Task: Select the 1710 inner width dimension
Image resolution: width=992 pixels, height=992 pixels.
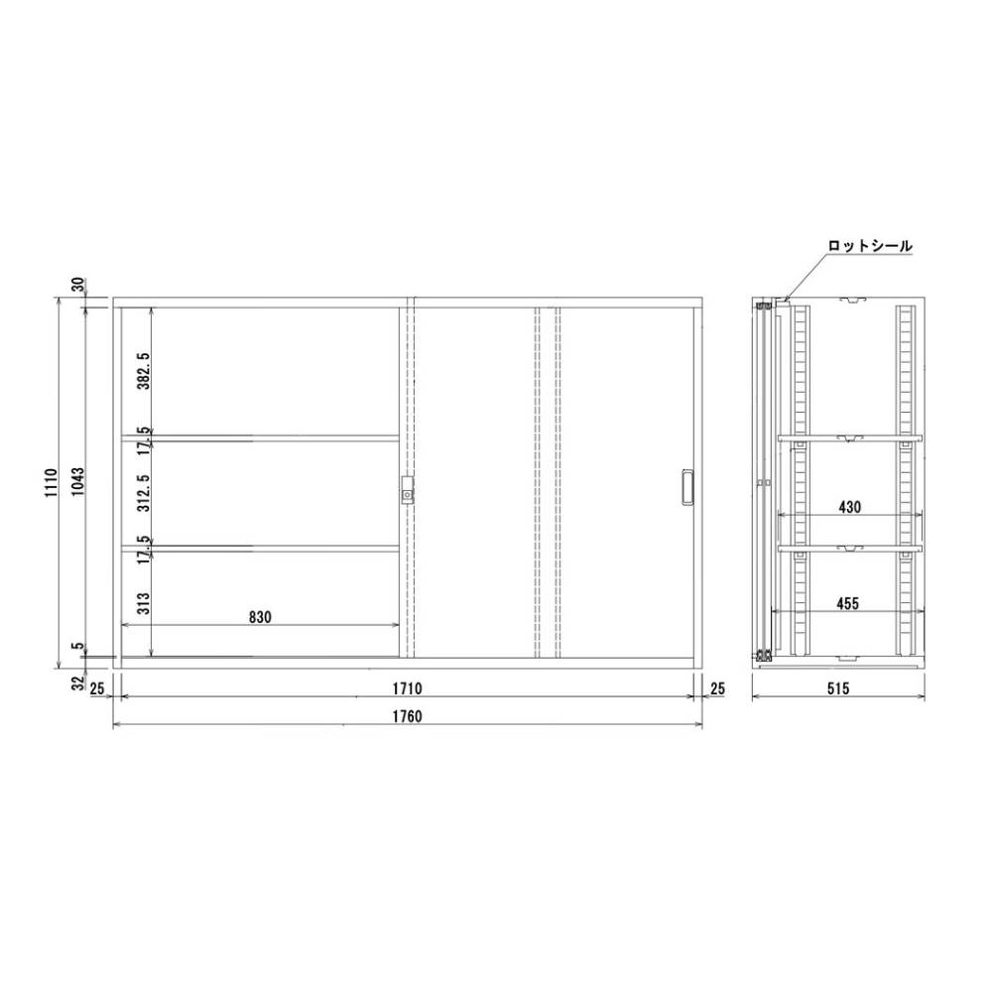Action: [x=408, y=687]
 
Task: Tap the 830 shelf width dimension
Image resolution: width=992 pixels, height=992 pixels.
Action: [x=259, y=617]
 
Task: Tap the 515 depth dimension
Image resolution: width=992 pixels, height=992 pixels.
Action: [x=838, y=687]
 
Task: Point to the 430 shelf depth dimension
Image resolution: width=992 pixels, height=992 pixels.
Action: [x=849, y=507]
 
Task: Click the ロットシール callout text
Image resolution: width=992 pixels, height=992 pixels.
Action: [x=870, y=245]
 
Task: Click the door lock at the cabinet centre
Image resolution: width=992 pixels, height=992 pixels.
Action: [x=406, y=490]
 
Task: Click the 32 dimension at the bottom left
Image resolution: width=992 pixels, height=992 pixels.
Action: [x=77, y=682]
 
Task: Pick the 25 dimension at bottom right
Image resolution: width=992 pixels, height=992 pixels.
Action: [x=717, y=687]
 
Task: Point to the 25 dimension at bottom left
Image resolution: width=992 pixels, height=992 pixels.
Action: [x=97, y=687]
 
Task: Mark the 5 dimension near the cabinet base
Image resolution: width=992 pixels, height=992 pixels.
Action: [x=77, y=647]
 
